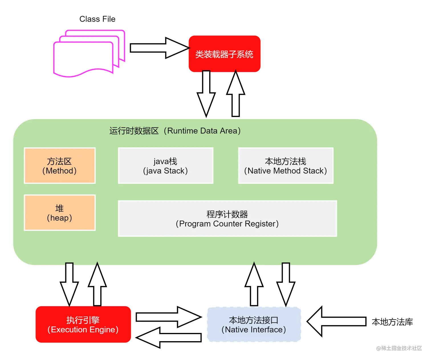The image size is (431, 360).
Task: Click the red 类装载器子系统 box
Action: point(224,54)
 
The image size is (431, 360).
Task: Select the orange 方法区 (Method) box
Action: point(60,166)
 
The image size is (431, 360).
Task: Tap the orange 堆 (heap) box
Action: point(60,213)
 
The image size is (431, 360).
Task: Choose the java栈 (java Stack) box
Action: point(166,166)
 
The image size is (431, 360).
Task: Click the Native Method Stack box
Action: point(286,166)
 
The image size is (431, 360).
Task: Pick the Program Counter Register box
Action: point(227,219)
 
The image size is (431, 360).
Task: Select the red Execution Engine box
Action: point(83,324)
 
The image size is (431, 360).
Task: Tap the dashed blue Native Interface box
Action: point(254,325)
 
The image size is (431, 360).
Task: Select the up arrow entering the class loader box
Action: point(235,94)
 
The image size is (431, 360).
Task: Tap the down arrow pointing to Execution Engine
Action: point(69,283)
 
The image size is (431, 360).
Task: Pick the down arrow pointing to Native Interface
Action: point(286,283)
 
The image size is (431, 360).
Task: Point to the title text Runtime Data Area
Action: point(175,131)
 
